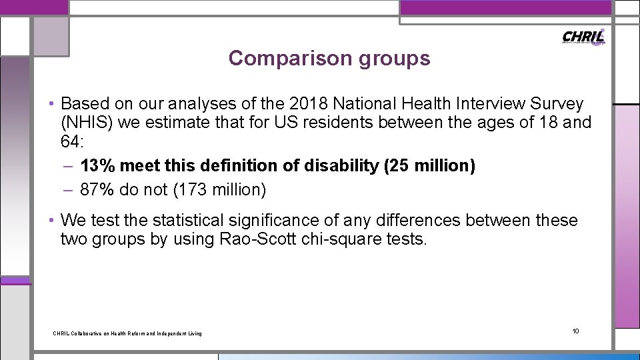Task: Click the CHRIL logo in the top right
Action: click(583, 37)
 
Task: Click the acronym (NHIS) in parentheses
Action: click(87, 123)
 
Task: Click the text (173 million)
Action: click(219, 190)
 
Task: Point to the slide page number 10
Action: click(576, 331)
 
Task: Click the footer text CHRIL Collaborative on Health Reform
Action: click(127, 333)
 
